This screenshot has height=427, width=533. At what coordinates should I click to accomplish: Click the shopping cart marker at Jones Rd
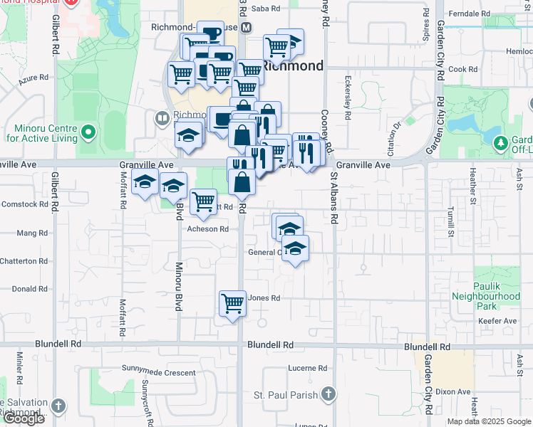click(x=233, y=304)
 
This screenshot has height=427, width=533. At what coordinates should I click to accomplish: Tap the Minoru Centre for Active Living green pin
click(x=88, y=132)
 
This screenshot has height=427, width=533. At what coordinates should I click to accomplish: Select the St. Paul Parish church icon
click(x=328, y=394)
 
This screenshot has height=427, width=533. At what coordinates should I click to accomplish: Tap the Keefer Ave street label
click(x=502, y=321)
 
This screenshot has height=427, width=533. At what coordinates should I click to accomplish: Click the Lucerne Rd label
click(x=307, y=368)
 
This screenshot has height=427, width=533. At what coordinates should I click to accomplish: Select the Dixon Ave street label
click(x=453, y=391)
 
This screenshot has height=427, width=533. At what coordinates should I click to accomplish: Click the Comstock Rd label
click(x=24, y=204)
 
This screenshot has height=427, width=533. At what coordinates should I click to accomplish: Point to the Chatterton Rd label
click(x=23, y=261)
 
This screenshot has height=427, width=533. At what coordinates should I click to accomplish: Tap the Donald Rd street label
click(x=29, y=289)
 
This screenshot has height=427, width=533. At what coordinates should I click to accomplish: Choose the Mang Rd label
click(x=31, y=233)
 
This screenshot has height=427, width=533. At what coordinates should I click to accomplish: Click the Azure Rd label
click(x=33, y=77)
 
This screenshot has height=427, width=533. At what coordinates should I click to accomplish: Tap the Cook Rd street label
click(x=462, y=69)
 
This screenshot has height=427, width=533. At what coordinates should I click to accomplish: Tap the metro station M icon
click(x=246, y=28)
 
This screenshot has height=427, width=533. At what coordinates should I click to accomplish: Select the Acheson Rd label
click(x=207, y=229)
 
